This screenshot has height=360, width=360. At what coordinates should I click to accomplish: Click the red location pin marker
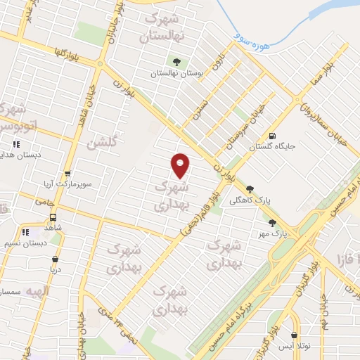181,165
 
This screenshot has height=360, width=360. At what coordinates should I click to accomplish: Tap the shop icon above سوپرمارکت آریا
67,174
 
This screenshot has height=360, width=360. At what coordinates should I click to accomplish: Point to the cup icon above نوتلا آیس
294,335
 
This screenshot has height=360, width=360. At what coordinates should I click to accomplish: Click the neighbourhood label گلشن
100,143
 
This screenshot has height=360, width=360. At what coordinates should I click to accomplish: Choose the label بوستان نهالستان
172,73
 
